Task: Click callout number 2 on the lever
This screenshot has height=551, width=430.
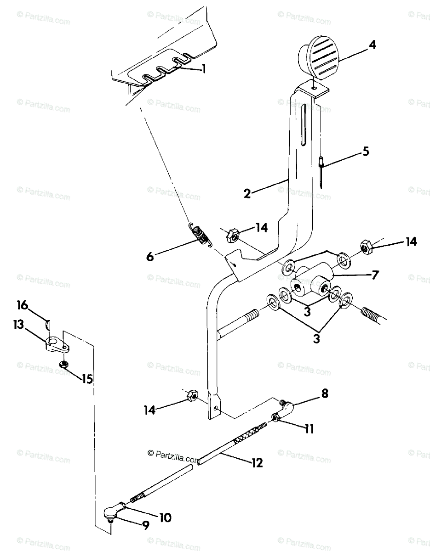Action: point(248,193)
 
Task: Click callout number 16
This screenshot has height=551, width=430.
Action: point(23,305)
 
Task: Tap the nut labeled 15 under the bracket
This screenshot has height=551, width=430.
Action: point(64,365)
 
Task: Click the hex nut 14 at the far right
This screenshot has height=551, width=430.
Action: point(366,247)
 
